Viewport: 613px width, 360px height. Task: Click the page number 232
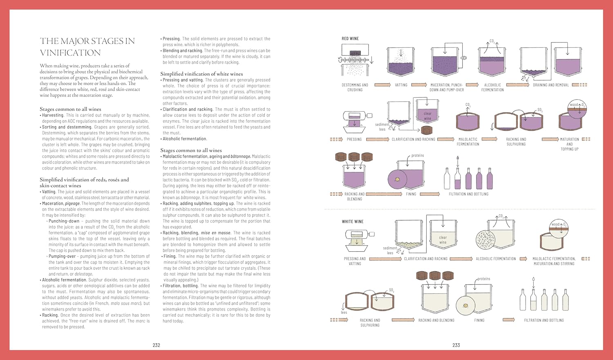coord(156,345)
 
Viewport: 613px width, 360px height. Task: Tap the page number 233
coord(456,345)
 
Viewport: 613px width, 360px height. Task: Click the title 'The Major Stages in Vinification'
coord(87,47)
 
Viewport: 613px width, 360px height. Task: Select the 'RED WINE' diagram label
coord(350,39)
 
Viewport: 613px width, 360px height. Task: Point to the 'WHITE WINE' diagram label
coord(353,221)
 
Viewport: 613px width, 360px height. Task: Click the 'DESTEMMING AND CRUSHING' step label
coord(355,87)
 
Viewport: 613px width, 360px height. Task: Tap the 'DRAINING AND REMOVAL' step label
coord(550,85)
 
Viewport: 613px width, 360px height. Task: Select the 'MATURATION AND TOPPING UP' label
coord(569,144)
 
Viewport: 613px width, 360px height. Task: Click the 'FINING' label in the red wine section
coord(411,194)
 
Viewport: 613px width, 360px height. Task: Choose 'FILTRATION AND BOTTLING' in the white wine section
coord(544,320)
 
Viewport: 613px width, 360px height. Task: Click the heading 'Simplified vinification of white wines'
coord(201,74)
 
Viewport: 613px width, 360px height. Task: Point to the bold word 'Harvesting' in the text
coord(52,115)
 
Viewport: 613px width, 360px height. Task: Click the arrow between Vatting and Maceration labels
coord(419,85)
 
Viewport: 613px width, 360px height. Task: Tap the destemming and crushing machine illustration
coord(355,61)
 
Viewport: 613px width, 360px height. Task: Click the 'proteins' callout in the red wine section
coord(417,156)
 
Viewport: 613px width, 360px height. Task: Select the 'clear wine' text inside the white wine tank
coord(443,240)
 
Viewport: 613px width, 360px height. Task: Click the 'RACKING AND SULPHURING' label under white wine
coord(370,323)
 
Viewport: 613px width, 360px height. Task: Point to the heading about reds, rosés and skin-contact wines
coord(84,182)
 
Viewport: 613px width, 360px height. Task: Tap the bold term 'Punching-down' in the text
coord(64,221)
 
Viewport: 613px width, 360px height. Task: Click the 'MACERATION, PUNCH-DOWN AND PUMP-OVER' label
coord(446,87)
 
